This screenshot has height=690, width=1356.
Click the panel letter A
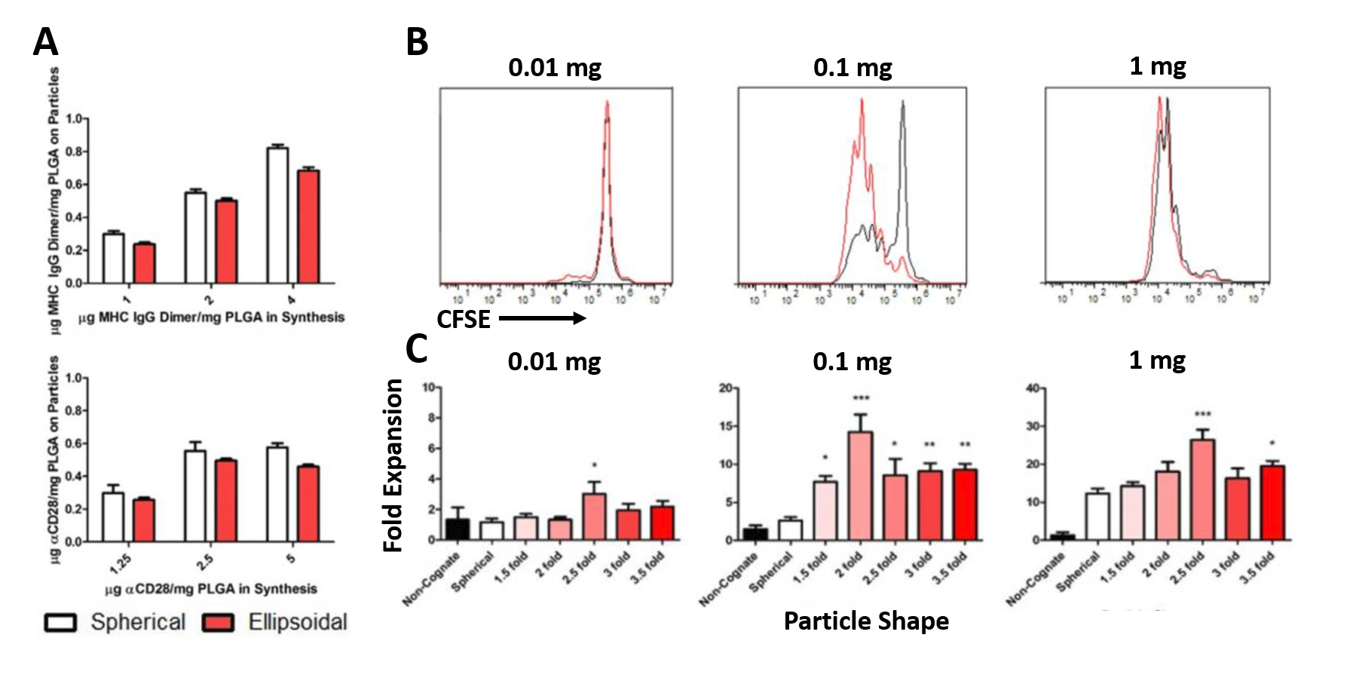pyautogui.click(x=45, y=43)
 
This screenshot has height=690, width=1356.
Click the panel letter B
pyautogui.click(x=417, y=42)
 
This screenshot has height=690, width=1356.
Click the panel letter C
pyautogui.click(x=416, y=348)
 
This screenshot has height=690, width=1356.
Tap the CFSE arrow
pyautogui.click(x=542, y=318)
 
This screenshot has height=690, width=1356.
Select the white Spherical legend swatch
pyautogui.click(x=61, y=622)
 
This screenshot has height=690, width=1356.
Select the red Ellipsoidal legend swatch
pyautogui.click(x=218, y=622)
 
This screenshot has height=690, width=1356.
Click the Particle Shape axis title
pyautogui.click(x=866, y=621)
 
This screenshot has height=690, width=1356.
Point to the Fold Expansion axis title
pyautogui.click(x=393, y=465)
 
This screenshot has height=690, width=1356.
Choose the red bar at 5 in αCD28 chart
pyautogui.click(x=308, y=503)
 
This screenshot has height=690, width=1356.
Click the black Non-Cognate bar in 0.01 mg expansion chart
pyautogui.click(x=457, y=529)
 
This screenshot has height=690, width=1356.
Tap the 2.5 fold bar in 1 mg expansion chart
pyautogui.click(x=1202, y=489)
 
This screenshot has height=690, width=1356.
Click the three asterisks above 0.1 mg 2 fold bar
pyautogui.click(x=860, y=398)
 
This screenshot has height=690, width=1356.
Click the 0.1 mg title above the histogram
pyautogui.click(x=852, y=68)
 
